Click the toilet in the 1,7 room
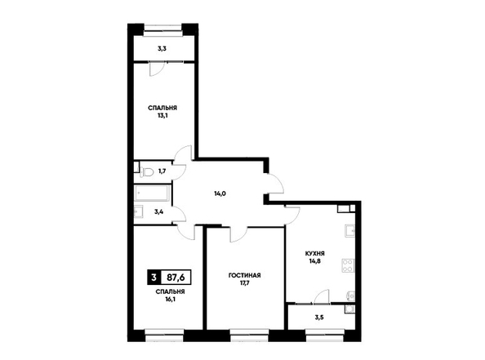pyautogui.click(x=146, y=171)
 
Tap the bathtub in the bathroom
pyautogui.click(x=152, y=193)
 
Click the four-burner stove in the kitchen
pyautogui.click(x=348, y=265)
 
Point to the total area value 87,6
pyautogui.click(x=176, y=278)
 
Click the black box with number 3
pyautogui.click(x=154, y=278)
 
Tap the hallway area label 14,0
pyautogui.click(x=220, y=194)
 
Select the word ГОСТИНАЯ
pyautogui.click(x=244, y=275)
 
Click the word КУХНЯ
pyautogui.click(x=315, y=254)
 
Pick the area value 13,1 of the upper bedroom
pyautogui.click(x=162, y=116)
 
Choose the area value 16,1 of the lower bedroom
pyautogui.click(x=171, y=299)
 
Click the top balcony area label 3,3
pyautogui.click(x=162, y=48)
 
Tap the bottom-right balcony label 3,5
pyautogui.click(x=318, y=318)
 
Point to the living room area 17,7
pyautogui.click(x=244, y=283)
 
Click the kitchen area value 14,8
pyautogui.click(x=314, y=261)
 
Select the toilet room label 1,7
pyautogui.click(x=162, y=171)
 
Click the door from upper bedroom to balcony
pyautogui.click(x=156, y=69)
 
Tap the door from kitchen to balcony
pyautogui.click(x=321, y=296)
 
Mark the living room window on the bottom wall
pyautogui.click(x=249, y=336)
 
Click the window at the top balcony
pyautogui.click(x=162, y=29)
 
